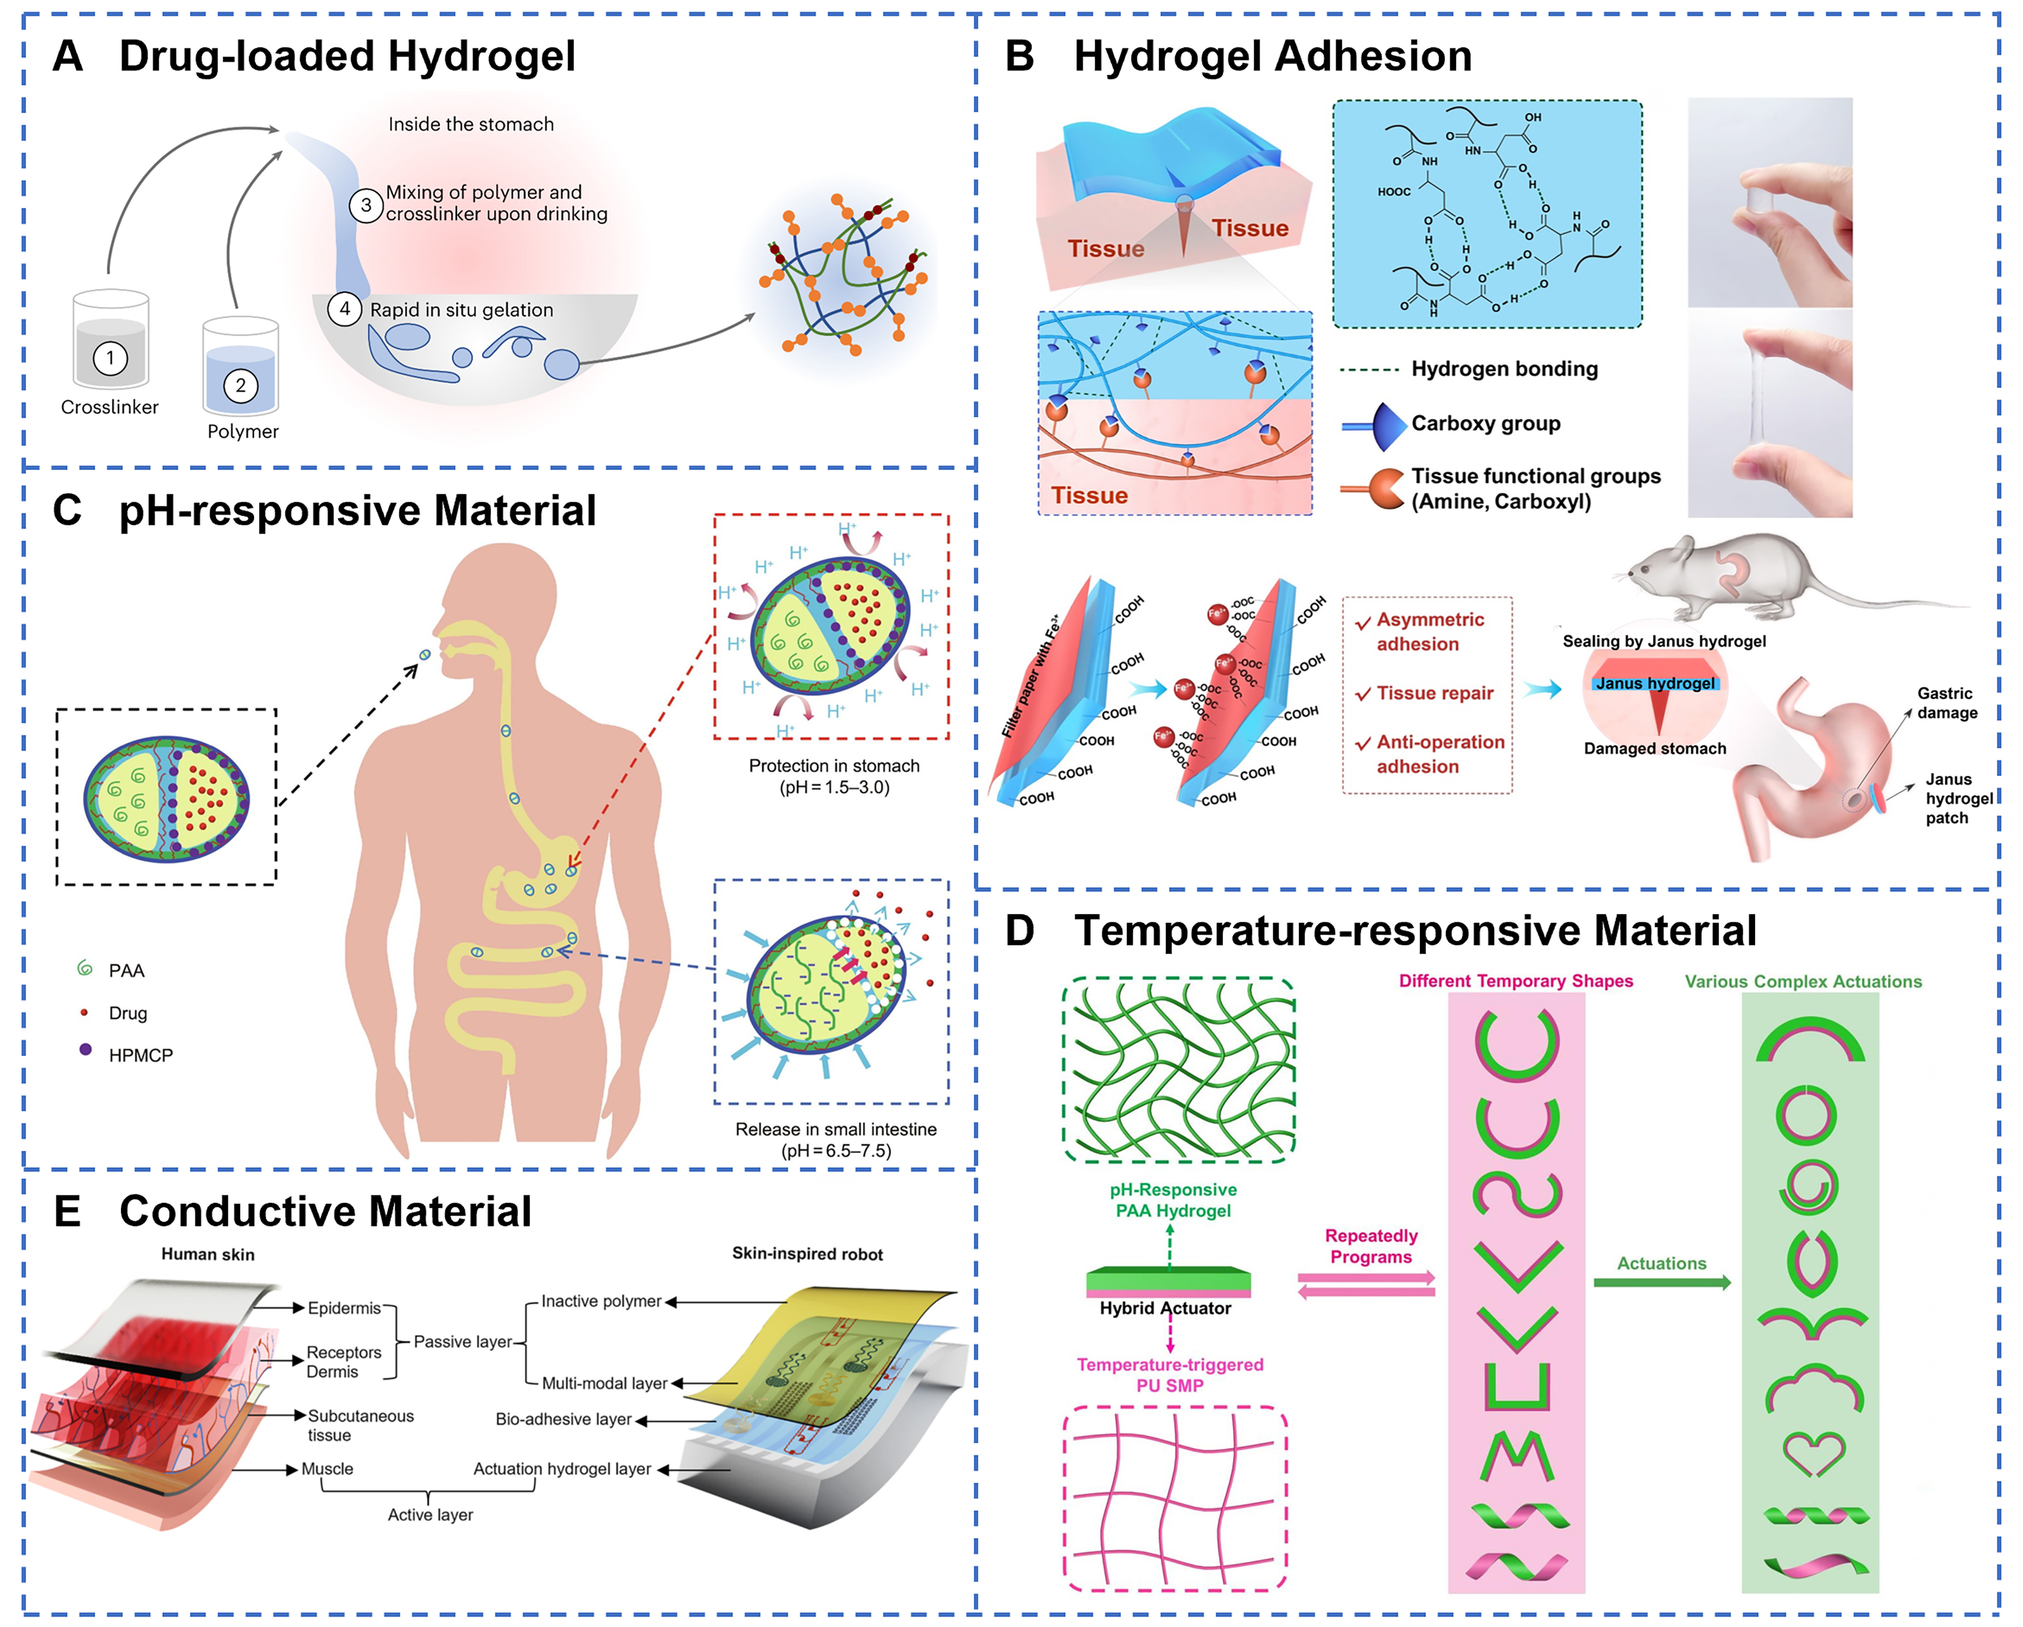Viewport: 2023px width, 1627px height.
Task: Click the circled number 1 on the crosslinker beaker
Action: [x=110, y=357]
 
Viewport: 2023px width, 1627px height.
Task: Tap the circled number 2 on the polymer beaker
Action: [x=240, y=385]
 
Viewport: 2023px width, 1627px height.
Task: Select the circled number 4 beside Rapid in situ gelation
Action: [x=344, y=309]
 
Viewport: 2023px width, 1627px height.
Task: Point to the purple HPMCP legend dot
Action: [x=86, y=1049]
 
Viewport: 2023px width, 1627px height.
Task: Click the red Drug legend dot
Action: [x=85, y=1012]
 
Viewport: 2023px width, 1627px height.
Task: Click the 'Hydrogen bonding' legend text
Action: [x=1504, y=369]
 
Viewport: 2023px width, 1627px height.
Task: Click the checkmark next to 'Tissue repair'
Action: [x=1364, y=694]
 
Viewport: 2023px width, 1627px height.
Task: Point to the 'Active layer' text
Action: [x=430, y=1515]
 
